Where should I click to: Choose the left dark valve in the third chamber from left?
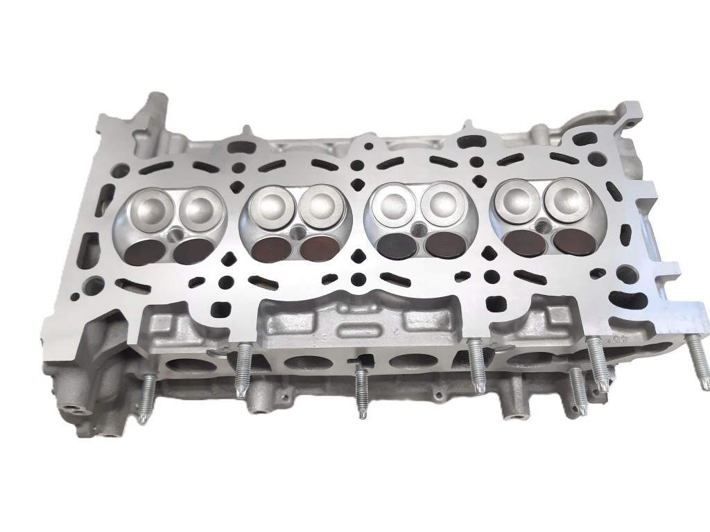(x=392, y=245)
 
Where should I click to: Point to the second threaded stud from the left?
(x=242, y=370)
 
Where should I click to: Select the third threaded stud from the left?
(x=360, y=391)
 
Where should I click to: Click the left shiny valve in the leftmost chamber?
(x=152, y=206)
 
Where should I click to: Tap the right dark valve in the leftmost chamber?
(x=193, y=250)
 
